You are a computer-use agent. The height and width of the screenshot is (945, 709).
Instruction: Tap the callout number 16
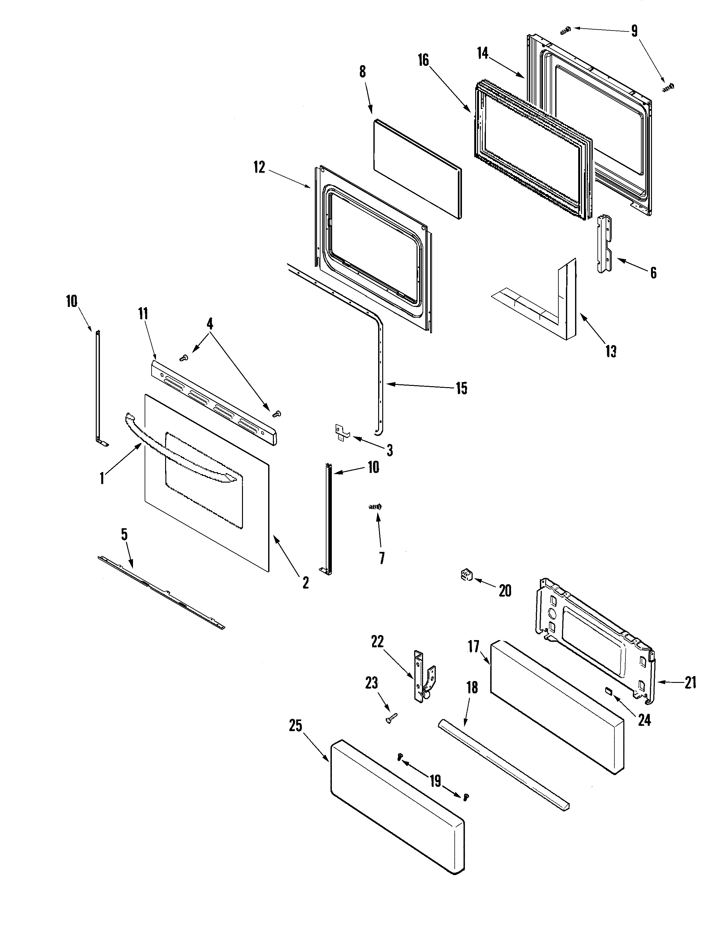point(423,60)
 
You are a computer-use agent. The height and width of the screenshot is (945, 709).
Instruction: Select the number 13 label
point(611,351)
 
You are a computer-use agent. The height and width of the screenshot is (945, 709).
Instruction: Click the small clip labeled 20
point(465,575)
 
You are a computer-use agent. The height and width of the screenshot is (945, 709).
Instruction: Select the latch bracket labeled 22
point(421,677)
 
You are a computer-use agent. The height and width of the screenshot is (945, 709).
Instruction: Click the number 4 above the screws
point(210,324)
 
